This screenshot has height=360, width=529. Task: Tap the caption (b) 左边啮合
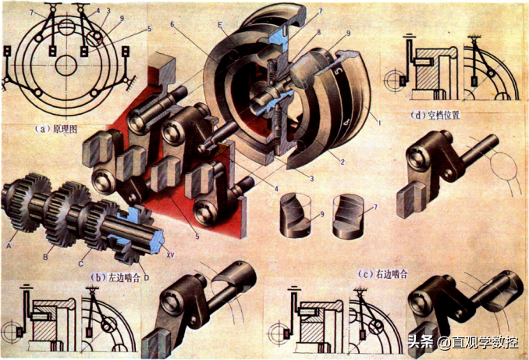pos(115,276)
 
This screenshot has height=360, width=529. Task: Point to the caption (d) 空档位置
pos(438,115)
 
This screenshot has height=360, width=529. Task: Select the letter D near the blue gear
pos(147,276)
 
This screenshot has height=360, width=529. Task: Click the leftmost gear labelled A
pos(23,206)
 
